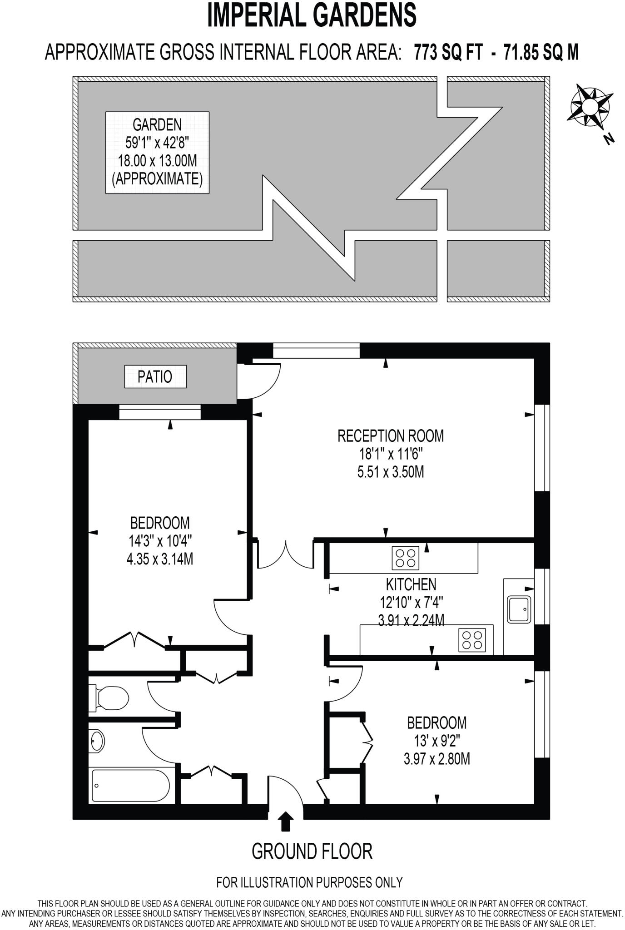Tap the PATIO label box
click(155, 377)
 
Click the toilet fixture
click(110, 697)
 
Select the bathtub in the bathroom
click(130, 786)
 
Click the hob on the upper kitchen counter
click(405, 558)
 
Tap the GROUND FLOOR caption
click(312, 851)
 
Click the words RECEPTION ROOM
click(390, 436)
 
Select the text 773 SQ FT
click(448, 52)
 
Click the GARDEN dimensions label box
click(157, 152)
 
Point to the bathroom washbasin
click(97, 741)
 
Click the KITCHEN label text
click(411, 584)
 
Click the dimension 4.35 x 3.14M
click(160, 559)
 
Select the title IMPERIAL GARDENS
click(312, 15)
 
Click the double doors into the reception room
click(286, 554)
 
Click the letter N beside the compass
click(610, 139)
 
